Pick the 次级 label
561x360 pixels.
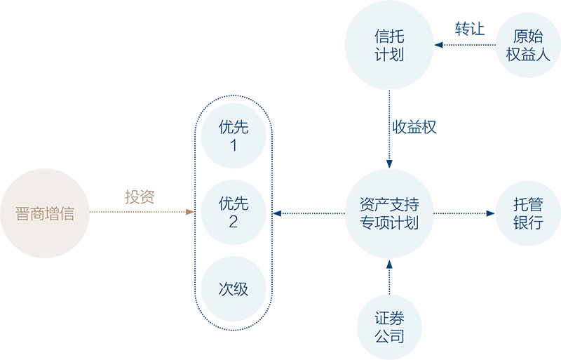(234, 288)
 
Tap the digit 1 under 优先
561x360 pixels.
(234, 146)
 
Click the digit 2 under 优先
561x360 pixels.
(234, 223)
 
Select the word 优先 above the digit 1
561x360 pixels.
(234, 128)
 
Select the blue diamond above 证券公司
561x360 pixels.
(385, 276)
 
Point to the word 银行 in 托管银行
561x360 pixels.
(528, 223)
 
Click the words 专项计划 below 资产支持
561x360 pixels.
(389, 223)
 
